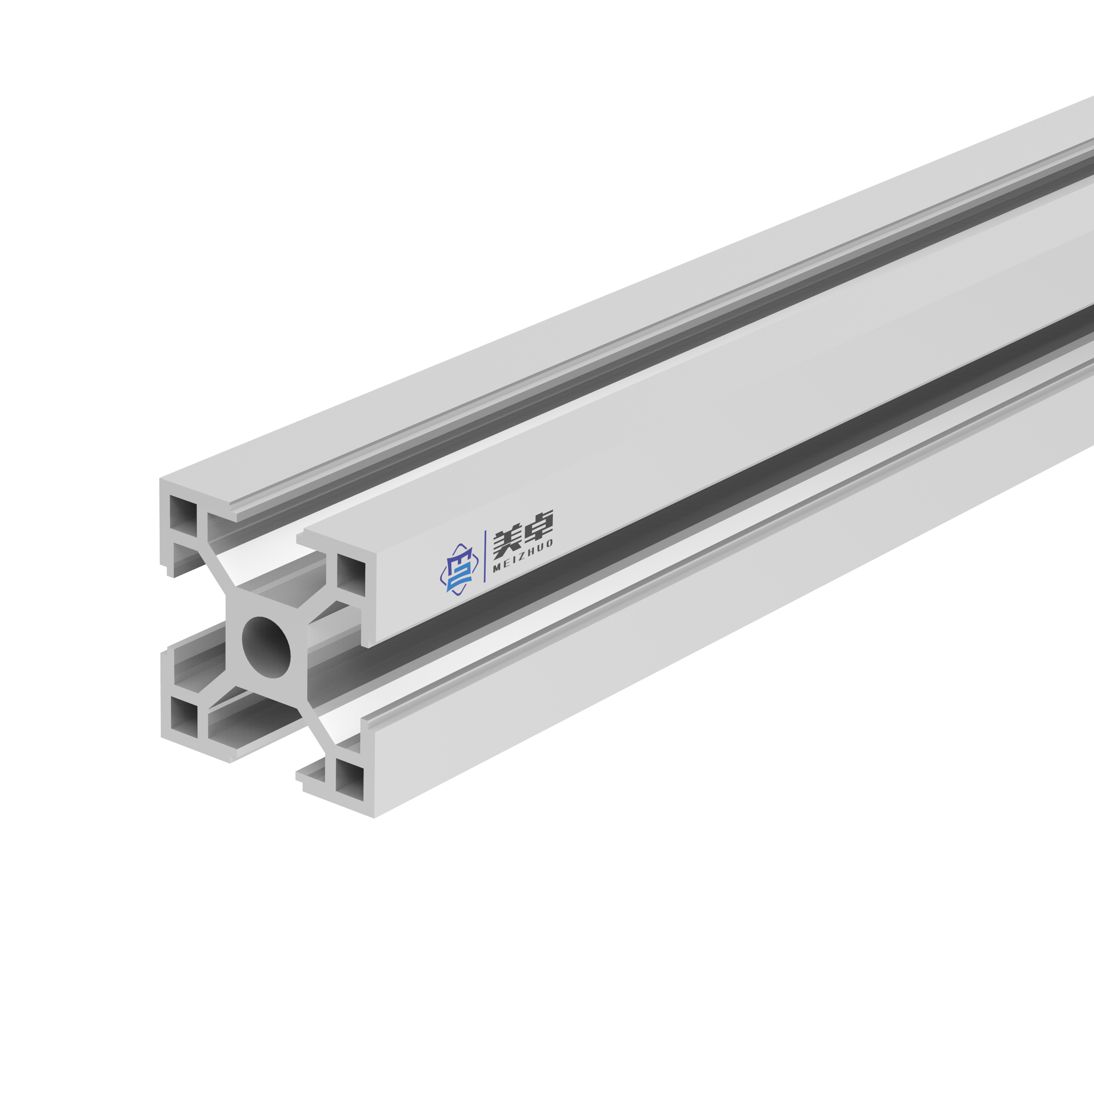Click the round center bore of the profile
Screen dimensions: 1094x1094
(266, 647)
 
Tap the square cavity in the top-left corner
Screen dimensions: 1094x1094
(183, 516)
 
